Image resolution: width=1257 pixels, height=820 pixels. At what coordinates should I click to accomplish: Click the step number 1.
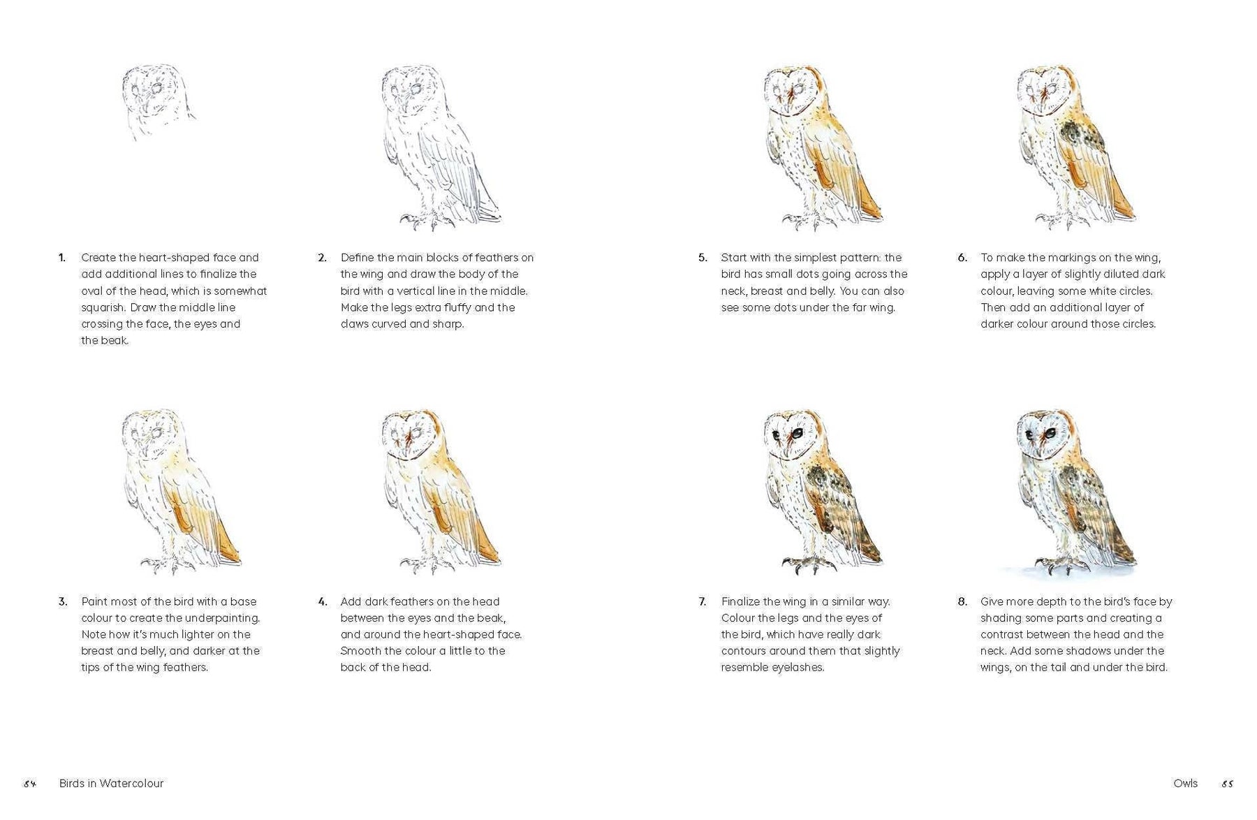point(62,258)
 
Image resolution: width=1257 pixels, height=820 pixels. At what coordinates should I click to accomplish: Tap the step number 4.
point(322,601)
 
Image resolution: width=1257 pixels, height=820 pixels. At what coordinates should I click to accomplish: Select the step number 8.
point(962,601)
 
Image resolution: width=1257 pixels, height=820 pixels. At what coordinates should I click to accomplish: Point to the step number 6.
point(962,258)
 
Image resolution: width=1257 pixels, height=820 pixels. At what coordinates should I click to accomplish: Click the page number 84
point(29,784)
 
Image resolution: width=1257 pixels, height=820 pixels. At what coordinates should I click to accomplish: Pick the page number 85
point(1227,784)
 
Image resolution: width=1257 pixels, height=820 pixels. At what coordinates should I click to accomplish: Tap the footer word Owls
point(1186,784)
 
